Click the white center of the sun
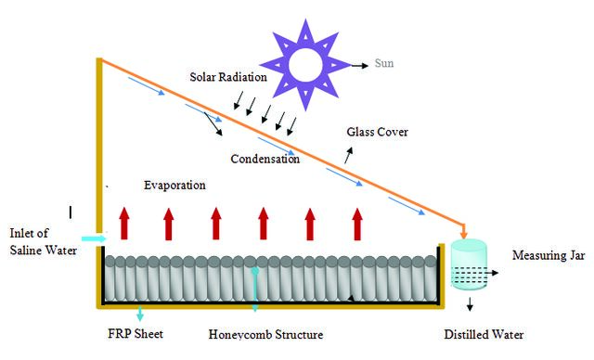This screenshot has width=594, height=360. pyautogui.click(x=305, y=65)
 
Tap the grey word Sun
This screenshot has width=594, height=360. pyautogui.click(x=384, y=63)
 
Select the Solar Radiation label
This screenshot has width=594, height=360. pyautogui.click(x=228, y=77)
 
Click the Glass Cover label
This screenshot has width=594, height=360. pyautogui.click(x=378, y=132)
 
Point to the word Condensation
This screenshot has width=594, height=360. pyautogui.click(x=265, y=159)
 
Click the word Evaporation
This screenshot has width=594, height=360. pyautogui.click(x=174, y=186)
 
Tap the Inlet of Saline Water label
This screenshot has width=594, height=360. pyautogui.click(x=44, y=241)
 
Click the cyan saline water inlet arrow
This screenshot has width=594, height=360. pyautogui.click(x=95, y=238)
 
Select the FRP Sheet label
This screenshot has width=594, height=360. pyautogui.click(x=136, y=334)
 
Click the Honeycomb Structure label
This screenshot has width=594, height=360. pyautogui.click(x=266, y=335)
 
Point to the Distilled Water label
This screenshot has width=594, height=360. pyautogui.click(x=484, y=335)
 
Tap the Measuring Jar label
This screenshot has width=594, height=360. pyautogui.click(x=549, y=255)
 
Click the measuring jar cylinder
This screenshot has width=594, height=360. pyautogui.click(x=469, y=264)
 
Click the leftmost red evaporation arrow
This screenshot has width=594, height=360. pyautogui.click(x=124, y=224)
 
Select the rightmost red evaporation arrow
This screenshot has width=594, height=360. pyautogui.click(x=357, y=224)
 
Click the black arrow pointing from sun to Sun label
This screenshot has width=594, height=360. pyautogui.click(x=360, y=66)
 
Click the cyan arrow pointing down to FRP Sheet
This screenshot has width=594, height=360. pyautogui.click(x=140, y=313)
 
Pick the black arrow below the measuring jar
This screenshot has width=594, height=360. pyautogui.click(x=471, y=304)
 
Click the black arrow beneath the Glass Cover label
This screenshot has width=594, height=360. pyautogui.click(x=349, y=155)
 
